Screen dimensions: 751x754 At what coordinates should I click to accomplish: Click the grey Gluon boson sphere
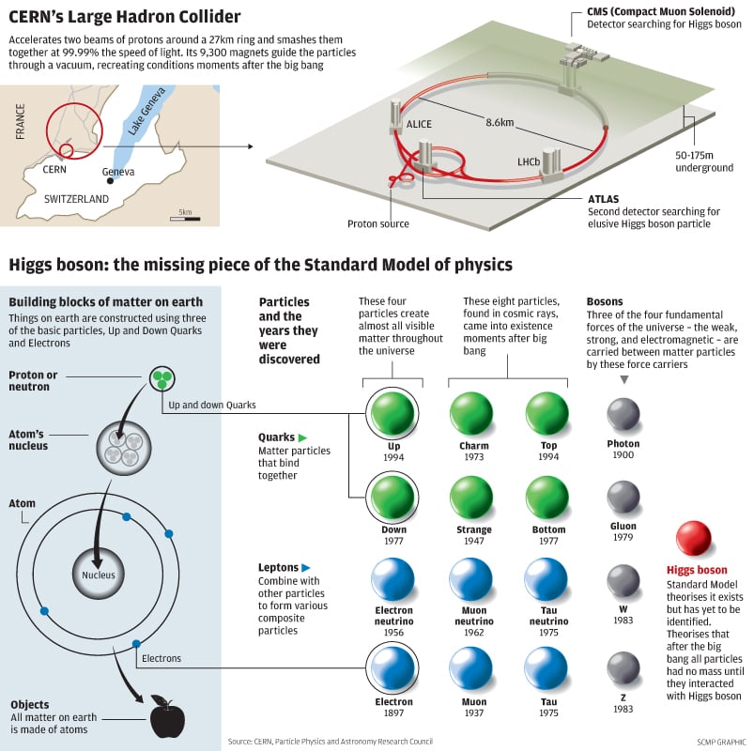click(x=623, y=497)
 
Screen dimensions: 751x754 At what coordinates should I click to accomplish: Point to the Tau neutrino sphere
click(x=546, y=580)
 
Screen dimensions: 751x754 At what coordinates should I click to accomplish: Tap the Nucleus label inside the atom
click(x=99, y=575)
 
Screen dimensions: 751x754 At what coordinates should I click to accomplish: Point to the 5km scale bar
click(x=184, y=219)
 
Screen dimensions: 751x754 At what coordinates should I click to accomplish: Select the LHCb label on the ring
click(x=529, y=162)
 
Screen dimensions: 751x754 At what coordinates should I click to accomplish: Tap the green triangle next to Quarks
click(x=302, y=437)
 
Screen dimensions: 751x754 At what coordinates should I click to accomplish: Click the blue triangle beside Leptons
click(x=306, y=568)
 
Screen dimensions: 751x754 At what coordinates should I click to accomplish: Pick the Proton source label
click(x=378, y=223)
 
